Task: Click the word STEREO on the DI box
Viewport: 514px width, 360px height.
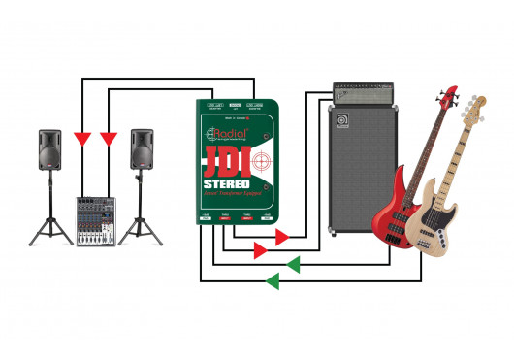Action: click(x=227, y=184)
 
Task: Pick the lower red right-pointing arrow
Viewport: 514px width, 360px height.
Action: click(x=259, y=250)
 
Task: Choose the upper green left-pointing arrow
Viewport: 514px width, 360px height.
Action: click(x=292, y=263)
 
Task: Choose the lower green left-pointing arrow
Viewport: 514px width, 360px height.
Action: click(x=273, y=280)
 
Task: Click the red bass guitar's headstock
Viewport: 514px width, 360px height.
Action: click(x=448, y=96)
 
